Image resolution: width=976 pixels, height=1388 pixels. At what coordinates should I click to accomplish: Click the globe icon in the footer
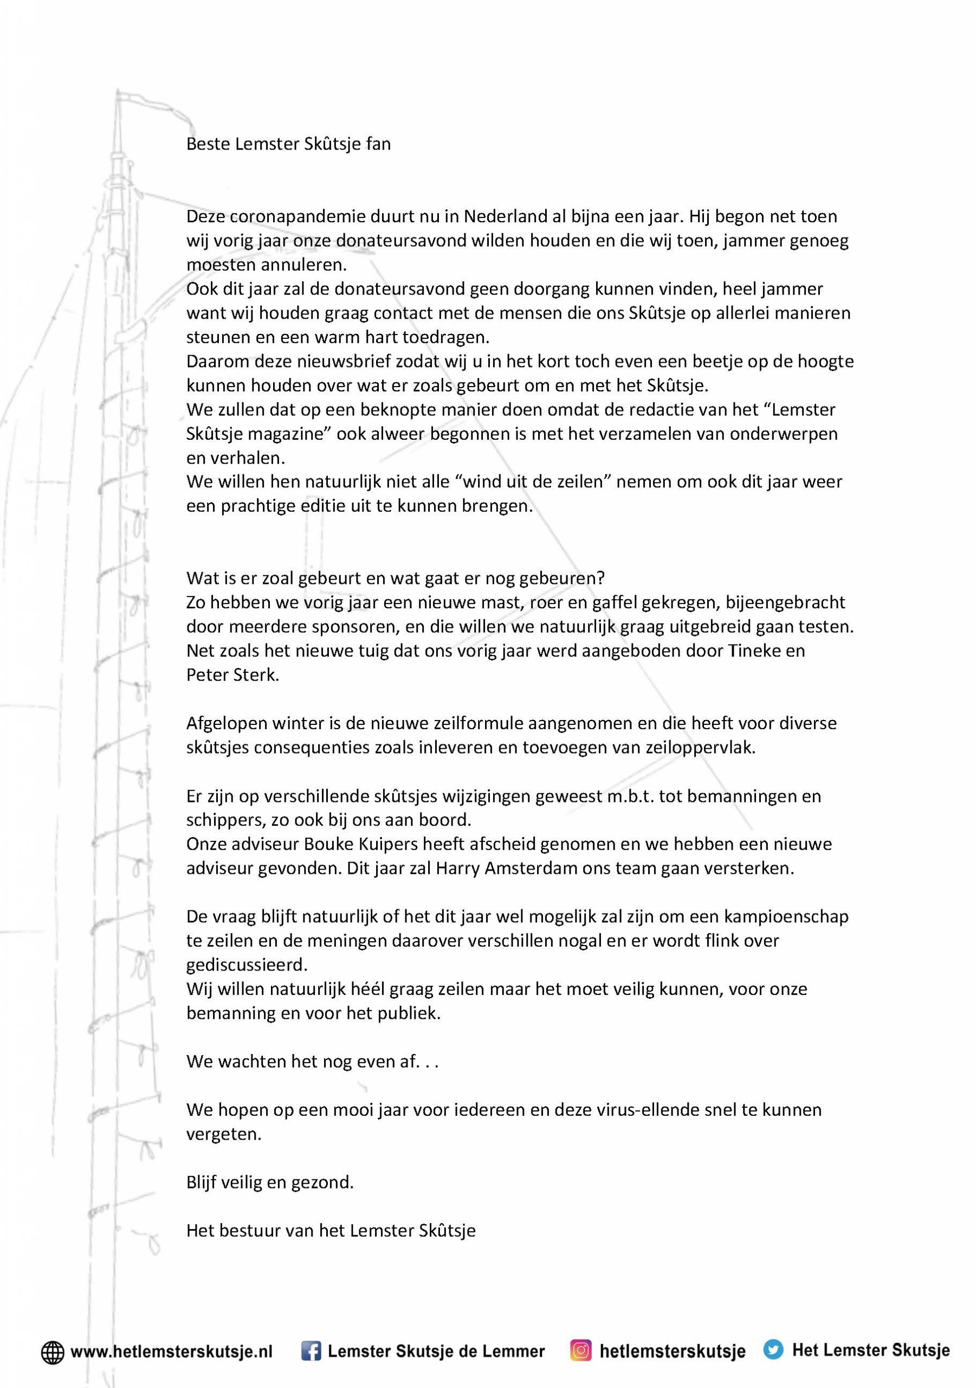click(53, 1352)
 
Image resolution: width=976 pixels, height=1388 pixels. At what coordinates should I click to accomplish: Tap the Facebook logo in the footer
click(311, 1352)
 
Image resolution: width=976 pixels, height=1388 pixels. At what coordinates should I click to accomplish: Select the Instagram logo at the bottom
click(580, 1351)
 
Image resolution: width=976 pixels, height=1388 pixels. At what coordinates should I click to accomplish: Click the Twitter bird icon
click(772, 1350)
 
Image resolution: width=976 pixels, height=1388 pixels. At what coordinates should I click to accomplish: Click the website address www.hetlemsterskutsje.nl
click(171, 1352)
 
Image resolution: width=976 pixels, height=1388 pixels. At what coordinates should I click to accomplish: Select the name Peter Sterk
click(232, 675)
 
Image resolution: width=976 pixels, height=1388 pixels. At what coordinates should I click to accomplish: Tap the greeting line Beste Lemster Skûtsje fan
click(288, 144)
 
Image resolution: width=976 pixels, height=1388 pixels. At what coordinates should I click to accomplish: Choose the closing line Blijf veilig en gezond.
click(269, 1183)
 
